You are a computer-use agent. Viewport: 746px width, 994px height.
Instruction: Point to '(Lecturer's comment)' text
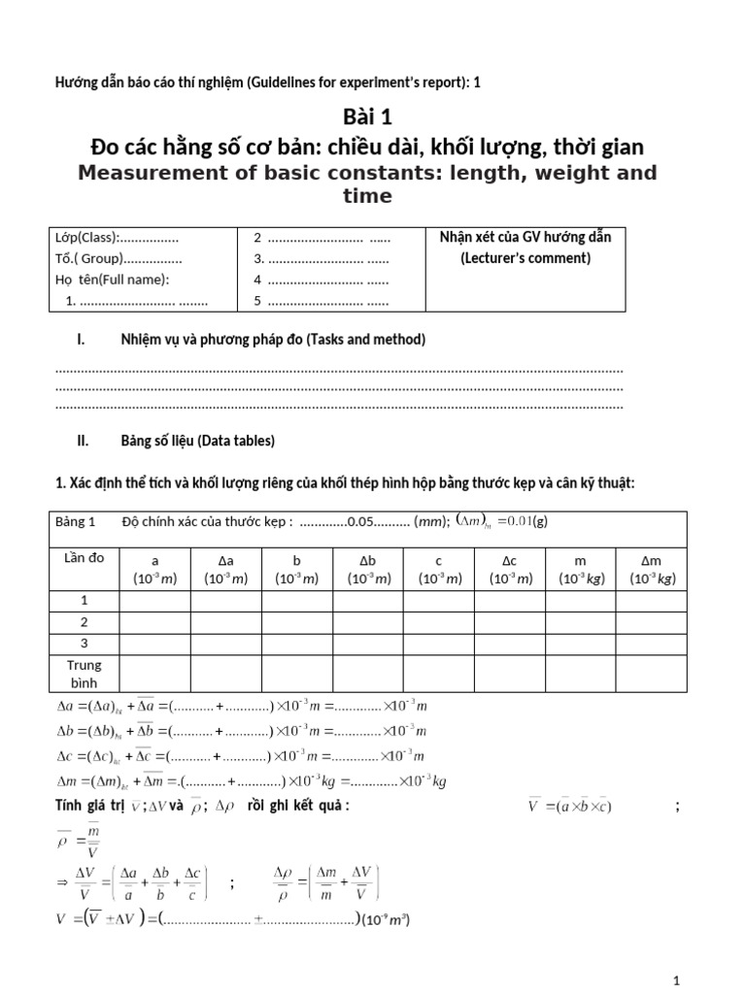coord(525,258)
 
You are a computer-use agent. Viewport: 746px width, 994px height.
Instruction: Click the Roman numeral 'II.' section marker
coord(83,441)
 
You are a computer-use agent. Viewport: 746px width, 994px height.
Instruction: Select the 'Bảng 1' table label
coord(79,521)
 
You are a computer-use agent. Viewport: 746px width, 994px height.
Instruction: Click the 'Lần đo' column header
coord(84,557)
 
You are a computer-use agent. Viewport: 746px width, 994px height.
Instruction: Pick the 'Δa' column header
coord(225,561)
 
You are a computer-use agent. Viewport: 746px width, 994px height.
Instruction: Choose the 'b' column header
coord(296,561)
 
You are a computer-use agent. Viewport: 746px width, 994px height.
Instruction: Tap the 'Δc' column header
coord(509,561)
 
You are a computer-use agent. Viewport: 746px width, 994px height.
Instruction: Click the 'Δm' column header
coord(651,561)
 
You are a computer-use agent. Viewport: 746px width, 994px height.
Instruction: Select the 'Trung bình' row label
coord(84,675)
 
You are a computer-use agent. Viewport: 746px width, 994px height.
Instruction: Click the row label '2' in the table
coord(84,622)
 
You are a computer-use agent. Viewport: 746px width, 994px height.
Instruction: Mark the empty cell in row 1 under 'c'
coord(438,602)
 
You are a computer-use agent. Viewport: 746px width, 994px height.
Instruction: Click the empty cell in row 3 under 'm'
coord(580,643)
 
